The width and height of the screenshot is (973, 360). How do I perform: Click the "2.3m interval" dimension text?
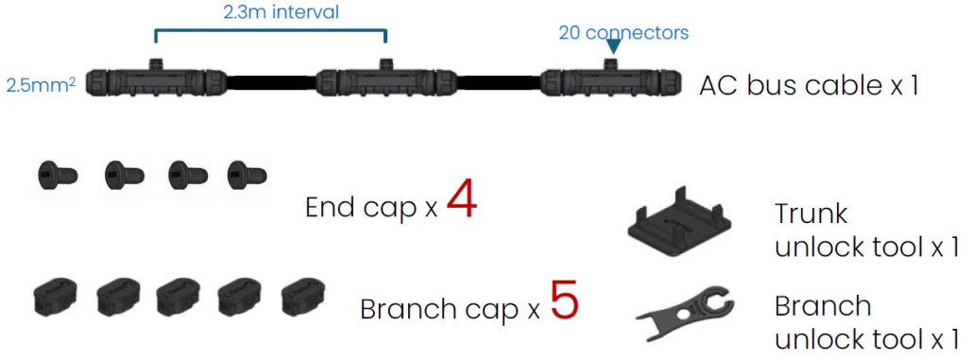(x=282, y=11)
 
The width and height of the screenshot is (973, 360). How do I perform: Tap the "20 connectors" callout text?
(x=623, y=32)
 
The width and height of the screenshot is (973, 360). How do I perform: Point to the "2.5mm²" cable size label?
(x=41, y=84)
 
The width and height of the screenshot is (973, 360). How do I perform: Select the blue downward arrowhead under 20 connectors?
(x=613, y=46)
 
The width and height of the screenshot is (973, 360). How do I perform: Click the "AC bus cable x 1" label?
(x=809, y=86)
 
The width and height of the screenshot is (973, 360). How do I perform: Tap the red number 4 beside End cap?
(x=461, y=200)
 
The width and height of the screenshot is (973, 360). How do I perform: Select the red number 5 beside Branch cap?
(x=564, y=300)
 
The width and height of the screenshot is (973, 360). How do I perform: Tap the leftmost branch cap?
(x=55, y=296)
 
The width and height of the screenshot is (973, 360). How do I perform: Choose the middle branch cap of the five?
(x=179, y=296)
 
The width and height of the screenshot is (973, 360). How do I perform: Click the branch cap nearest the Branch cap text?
(x=303, y=296)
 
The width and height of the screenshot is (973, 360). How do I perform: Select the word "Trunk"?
(x=811, y=214)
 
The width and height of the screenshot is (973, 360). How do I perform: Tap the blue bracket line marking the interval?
(x=270, y=30)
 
